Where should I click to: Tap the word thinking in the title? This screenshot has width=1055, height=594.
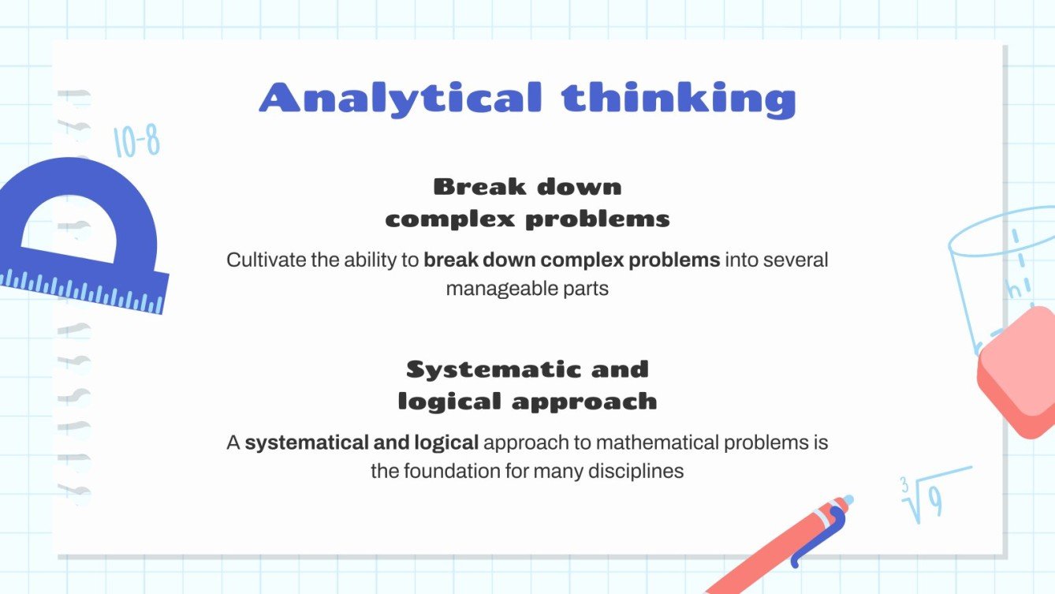(x=678, y=99)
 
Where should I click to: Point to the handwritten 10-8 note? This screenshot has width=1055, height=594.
(x=136, y=142)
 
